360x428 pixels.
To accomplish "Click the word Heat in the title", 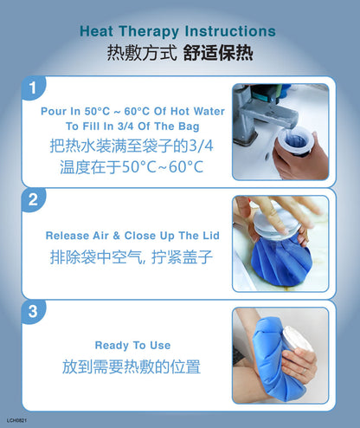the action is (96, 31).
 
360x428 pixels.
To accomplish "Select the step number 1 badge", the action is (34, 88).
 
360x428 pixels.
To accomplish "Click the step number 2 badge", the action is (34, 200).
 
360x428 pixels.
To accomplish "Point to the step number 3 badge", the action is (34, 312).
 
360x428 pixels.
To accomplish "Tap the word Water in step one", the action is (209, 111).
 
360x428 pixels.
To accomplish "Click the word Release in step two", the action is (67, 236).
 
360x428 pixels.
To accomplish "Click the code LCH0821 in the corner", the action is (16, 420).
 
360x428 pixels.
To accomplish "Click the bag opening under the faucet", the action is (296, 140).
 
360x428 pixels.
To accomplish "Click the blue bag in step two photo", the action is (281, 262).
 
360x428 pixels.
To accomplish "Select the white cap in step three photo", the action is (297, 340).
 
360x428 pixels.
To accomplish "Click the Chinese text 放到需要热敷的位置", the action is (132, 366).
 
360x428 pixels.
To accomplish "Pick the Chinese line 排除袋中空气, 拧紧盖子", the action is (132, 257).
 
